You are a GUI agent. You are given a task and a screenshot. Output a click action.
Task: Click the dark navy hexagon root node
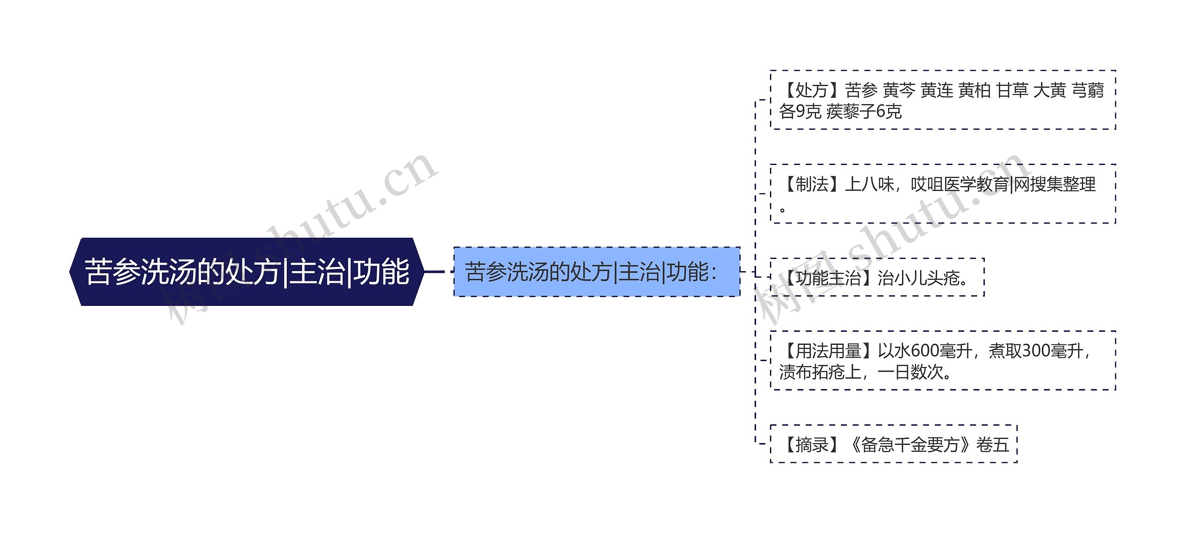pos(246,272)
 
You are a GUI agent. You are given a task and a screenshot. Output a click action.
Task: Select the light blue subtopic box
pos(597,272)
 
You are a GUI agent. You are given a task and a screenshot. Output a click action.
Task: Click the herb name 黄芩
pos(899,90)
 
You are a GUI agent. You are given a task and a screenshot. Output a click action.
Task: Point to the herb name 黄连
pos(937,90)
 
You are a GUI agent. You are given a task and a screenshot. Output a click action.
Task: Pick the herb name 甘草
pos(1012,90)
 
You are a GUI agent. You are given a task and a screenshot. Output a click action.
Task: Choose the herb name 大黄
pos(1050,90)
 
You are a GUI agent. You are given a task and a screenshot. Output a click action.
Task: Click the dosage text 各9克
pos(800,112)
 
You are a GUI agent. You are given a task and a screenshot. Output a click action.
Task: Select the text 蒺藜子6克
pos(864,112)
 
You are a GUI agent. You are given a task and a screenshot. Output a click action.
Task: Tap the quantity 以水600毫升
pos(925,351)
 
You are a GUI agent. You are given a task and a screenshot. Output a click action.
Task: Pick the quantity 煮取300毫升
pos(1036,351)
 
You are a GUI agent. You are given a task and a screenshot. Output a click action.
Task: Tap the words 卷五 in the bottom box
pos(992,445)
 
